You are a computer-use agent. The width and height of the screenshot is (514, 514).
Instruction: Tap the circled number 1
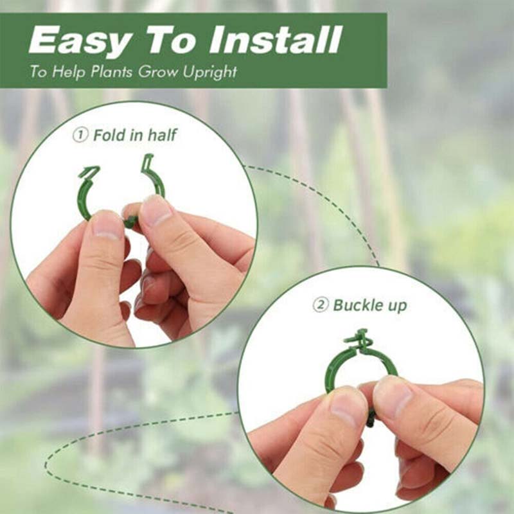click(80, 136)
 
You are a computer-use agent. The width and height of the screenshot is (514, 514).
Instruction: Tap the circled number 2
click(320, 305)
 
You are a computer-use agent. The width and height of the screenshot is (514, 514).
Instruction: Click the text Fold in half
click(135, 136)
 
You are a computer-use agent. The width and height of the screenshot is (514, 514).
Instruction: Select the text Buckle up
click(369, 305)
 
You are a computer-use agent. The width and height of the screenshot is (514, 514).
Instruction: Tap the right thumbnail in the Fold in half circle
click(156, 210)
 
